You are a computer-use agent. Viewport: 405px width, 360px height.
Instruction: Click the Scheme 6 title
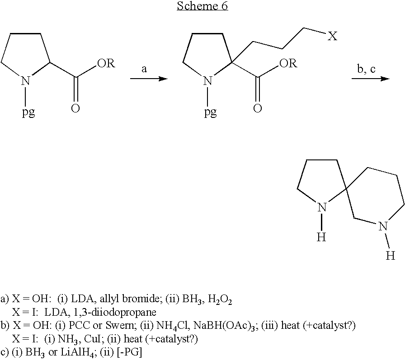[x=202, y=6]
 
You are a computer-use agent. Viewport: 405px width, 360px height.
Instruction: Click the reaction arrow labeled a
[x=149, y=79]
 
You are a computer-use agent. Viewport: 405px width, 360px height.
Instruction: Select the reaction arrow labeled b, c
[x=370, y=78]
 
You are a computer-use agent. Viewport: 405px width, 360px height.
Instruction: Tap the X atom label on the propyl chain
[x=332, y=36]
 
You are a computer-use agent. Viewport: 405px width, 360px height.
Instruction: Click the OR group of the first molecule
[x=106, y=63]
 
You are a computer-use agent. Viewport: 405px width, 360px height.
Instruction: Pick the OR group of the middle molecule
[x=288, y=63]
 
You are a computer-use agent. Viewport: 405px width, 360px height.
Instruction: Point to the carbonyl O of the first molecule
[x=75, y=108]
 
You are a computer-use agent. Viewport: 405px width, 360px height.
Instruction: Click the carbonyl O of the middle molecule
[x=258, y=108]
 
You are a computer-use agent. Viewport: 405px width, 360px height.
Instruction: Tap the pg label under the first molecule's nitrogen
[x=28, y=112]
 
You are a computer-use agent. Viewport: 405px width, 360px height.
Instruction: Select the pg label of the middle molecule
[x=211, y=112]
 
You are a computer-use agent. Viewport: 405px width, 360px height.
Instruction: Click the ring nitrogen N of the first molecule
[x=25, y=81]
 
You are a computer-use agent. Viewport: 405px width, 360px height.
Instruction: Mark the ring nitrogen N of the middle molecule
[x=207, y=81]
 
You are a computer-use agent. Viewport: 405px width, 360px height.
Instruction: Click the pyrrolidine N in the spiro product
[x=322, y=207]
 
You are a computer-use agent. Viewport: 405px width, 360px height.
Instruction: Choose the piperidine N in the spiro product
[x=383, y=227]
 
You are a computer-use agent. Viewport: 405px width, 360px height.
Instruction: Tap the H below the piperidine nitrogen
[x=391, y=256]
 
